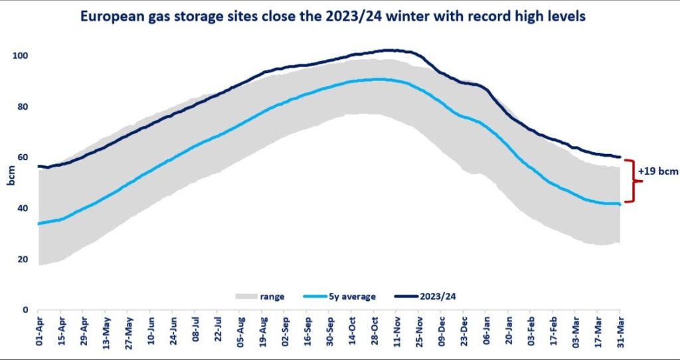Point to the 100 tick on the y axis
pos(23,56)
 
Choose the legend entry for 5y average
pos(335,297)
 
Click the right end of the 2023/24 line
pos(620,157)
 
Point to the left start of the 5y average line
pos(39,224)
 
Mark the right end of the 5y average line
pos(620,204)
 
